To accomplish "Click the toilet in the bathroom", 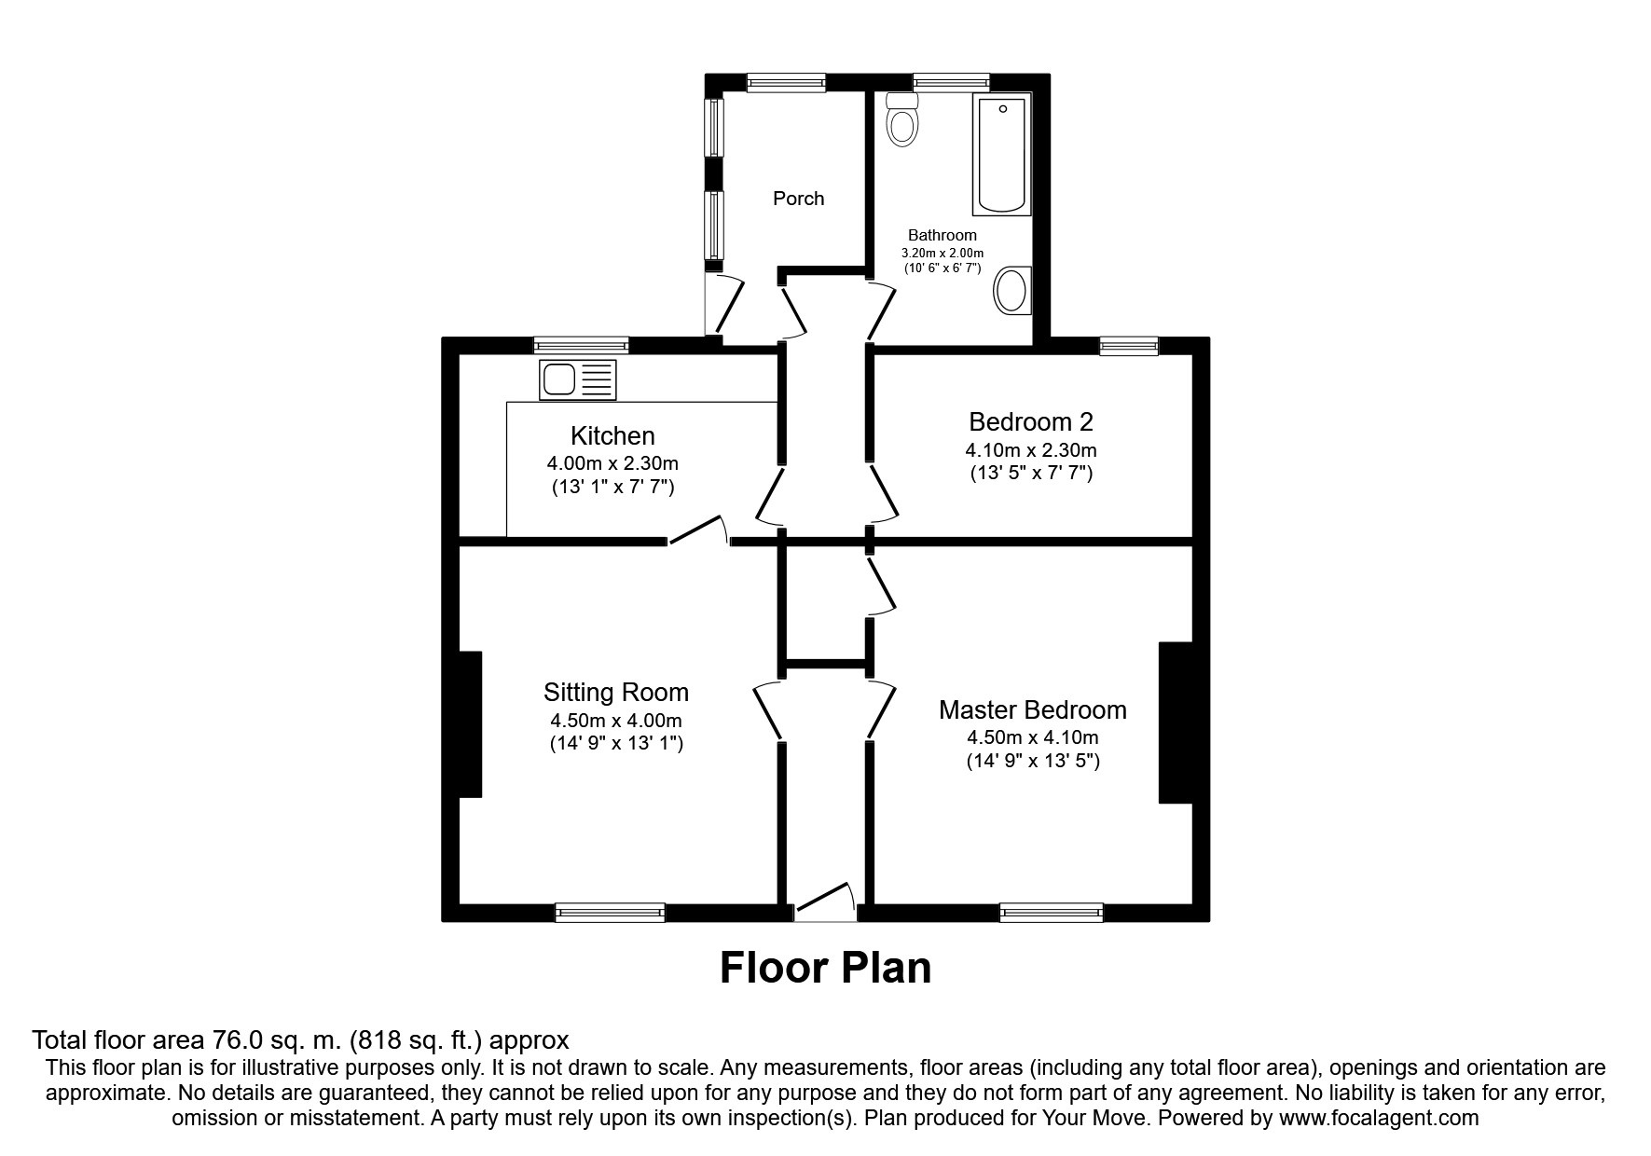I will pyautogui.click(x=902, y=120).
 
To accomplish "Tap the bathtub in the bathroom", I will pyautogui.click(x=1002, y=154).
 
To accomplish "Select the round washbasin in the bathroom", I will pyautogui.click(x=1011, y=290).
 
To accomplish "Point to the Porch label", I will pyautogui.click(x=798, y=199).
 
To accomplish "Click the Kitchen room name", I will pyautogui.click(x=612, y=435).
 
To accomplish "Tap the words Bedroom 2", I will pyautogui.click(x=1030, y=421).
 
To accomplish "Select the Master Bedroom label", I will pyautogui.click(x=1032, y=710).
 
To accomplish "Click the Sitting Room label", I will pyautogui.click(x=616, y=693).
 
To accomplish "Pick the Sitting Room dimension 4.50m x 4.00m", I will pyautogui.click(x=616, y=721).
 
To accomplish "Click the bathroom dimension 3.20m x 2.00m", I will pyautogui.click(x=942, y=253).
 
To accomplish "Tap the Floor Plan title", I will pyautogui.click(x=825, y=968).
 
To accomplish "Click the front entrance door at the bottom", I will pyautogui.click(x=824, y=903).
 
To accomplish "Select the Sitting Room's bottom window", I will pyautogui.click(x=610, y=913).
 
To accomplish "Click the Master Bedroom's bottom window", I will pyautogui.click(x=1051, y=913).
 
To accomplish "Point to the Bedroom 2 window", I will pyautogui.click(x=1128, y=346).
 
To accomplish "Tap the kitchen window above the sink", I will pyautogui.click(x=581, y=346).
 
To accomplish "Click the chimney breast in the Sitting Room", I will pyautogui.click(x=470, y=724).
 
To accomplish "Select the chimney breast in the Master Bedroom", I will pyautogui.click(x=1175, y=722).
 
